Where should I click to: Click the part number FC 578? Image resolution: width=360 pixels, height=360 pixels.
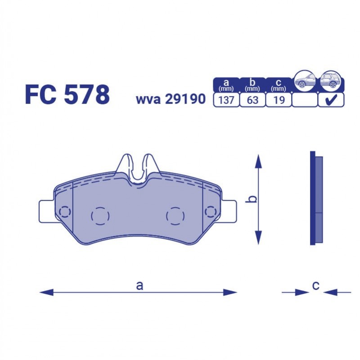[x=67, y=94]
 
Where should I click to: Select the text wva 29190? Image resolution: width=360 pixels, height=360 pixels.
[x=171, y=99]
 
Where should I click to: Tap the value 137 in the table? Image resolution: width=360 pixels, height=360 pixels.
[x=226, y=100]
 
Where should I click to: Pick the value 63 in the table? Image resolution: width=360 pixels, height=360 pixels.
[x=252, y=100]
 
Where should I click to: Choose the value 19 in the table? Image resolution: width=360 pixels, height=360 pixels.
[x=279, y=100]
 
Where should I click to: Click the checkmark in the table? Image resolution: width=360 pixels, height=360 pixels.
[x=331, y=99]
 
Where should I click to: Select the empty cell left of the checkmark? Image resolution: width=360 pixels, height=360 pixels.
[x=305, y=100]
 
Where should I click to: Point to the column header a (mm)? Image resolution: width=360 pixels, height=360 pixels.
[x=226, y=85]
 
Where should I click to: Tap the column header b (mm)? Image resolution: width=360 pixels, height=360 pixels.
[x=252, y=85]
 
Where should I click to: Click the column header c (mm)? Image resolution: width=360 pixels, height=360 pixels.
[x=279, y=85]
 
